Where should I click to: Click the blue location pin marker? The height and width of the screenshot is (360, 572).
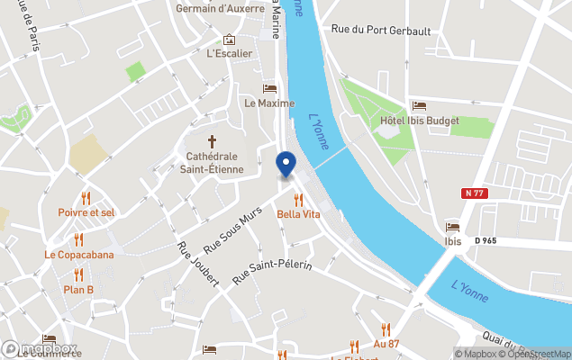286,165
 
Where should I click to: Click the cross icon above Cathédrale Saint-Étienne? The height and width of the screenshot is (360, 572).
213,141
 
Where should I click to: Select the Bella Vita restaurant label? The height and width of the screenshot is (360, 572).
298,214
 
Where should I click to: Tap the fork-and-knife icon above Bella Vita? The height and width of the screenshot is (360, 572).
298,200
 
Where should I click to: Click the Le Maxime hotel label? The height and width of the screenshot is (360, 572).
269,103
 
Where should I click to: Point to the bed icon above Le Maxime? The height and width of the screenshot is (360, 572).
269,88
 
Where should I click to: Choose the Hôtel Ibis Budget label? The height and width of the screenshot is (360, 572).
420,121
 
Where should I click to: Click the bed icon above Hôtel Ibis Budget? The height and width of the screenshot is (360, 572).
419,106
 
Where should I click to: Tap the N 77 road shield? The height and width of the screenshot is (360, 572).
476,193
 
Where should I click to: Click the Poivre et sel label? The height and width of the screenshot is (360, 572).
86,212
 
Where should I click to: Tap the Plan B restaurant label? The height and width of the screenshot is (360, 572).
78,289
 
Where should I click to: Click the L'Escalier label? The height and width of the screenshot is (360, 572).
229,53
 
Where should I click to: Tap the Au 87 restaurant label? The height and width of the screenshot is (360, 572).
386,345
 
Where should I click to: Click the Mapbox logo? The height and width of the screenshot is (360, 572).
41,349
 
